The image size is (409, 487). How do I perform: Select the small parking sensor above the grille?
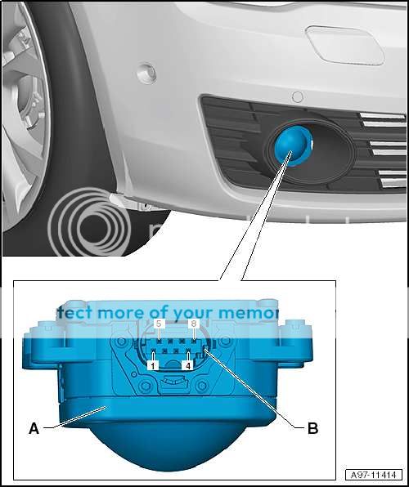click(x=298, y=97)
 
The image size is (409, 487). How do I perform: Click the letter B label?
click(x=312, y=427)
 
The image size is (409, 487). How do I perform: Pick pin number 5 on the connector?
click(x=159, y=324)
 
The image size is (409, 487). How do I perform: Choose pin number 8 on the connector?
click(x=193, y=324)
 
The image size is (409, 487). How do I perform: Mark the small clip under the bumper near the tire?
click(x=122, y=199)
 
